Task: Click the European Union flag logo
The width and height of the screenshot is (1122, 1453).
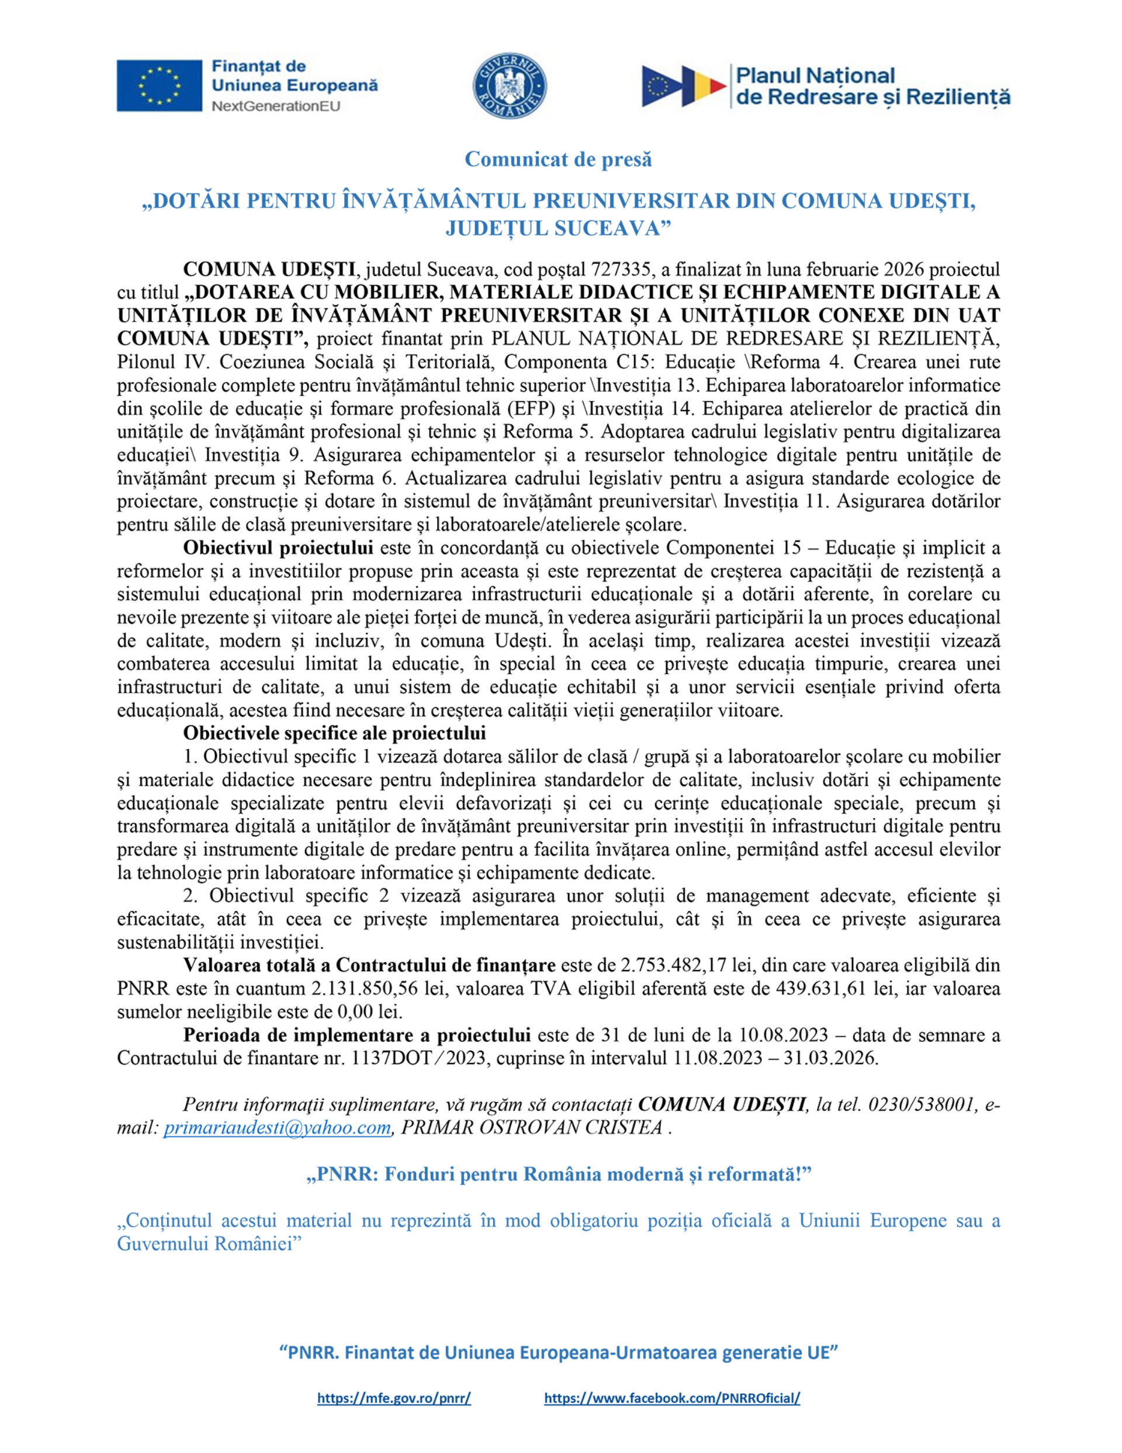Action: (160, 85)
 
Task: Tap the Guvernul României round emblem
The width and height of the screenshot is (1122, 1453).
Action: (510, 87)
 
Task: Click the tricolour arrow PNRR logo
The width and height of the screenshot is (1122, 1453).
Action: (684, 86)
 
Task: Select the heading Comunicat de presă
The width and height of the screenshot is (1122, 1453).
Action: (558, 160)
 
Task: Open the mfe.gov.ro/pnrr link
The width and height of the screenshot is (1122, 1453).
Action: (394, 1398)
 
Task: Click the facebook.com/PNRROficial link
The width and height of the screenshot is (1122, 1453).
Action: (671, 1398)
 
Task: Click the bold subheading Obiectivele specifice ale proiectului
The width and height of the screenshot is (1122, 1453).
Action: (334, 733)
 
